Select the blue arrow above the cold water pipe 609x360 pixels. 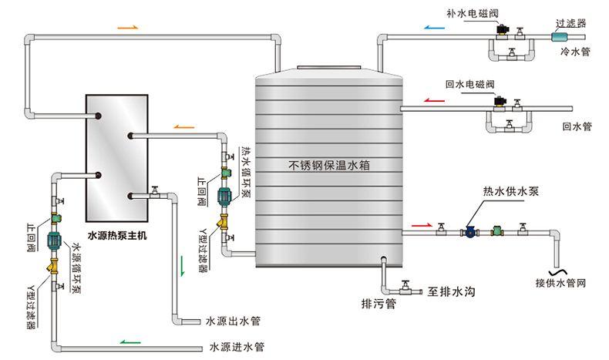pos(434,25)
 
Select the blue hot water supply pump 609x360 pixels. pos(468,230)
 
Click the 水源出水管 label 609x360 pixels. pos(232,320)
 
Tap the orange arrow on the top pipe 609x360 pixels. pos(128,27)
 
